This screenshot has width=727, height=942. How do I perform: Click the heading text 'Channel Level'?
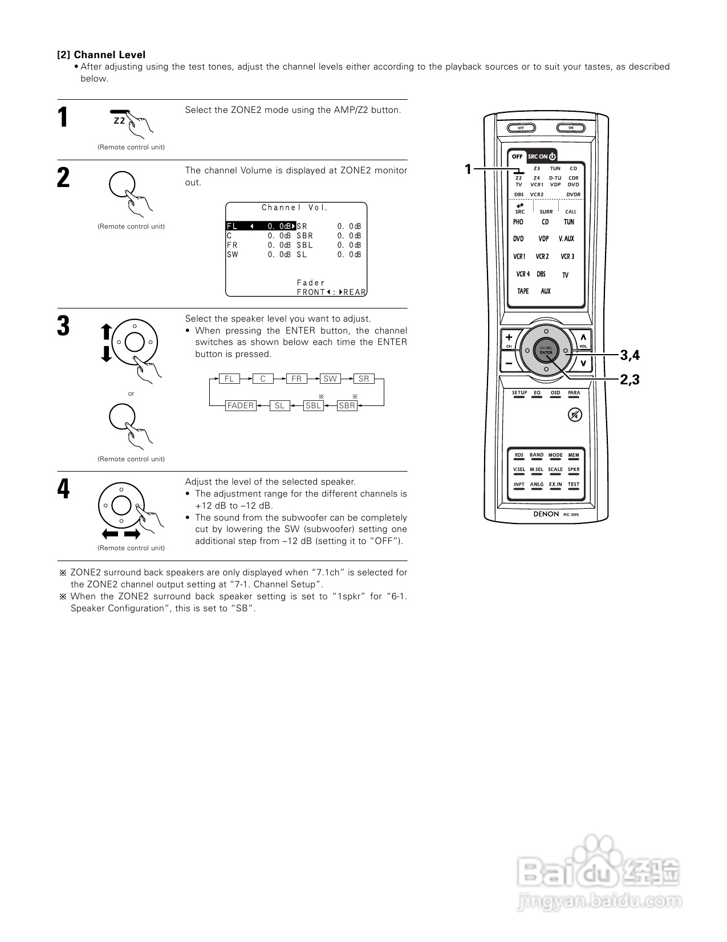[x=109, y=55]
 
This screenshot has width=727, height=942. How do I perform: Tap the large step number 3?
[x=63, y=326]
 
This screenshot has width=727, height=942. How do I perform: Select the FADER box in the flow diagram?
[x=240, y=405]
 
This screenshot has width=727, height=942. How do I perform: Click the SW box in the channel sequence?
[x=330, y=379]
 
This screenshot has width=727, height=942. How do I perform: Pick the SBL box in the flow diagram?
[x=313, y=405]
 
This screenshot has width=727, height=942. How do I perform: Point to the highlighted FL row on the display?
[x=261, y=226]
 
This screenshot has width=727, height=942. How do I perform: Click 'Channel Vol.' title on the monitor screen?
[x=295, y=208]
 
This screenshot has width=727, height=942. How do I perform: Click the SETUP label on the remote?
[x=519, y=393]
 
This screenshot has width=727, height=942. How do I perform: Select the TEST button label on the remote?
[x=574, y=485]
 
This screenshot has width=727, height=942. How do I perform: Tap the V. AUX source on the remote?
[x=566, y=239]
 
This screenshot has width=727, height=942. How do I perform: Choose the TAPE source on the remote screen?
[x=523, y=291]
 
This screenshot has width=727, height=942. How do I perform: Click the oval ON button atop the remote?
[x=571, y=128]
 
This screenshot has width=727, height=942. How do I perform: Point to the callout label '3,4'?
[x=630, y=355]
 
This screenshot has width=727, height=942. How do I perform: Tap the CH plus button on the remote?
[x=509, y=337]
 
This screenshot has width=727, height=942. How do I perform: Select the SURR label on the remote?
[x=546, y=212]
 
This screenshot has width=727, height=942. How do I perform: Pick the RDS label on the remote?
[x=519, y=456]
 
